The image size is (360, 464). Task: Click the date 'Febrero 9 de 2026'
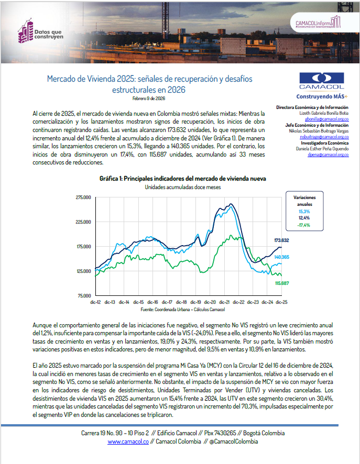[x=149, y=98]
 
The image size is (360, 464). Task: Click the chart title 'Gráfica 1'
[x=182, y=179]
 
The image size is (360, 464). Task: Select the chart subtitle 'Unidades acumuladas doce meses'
[x=182, y=187]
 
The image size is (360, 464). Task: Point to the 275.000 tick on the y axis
[x=84, y=197]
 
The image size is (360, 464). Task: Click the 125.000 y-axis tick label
[x=84, y=271]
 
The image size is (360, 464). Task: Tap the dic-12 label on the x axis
[x=96, y=302]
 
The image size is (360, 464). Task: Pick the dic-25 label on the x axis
[x=282, y=302]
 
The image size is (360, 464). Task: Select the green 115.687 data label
[x=282, y=283]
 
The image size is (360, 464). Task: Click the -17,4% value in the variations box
[x=304, y=225]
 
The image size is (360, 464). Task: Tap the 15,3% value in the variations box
[x=304, y=211]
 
